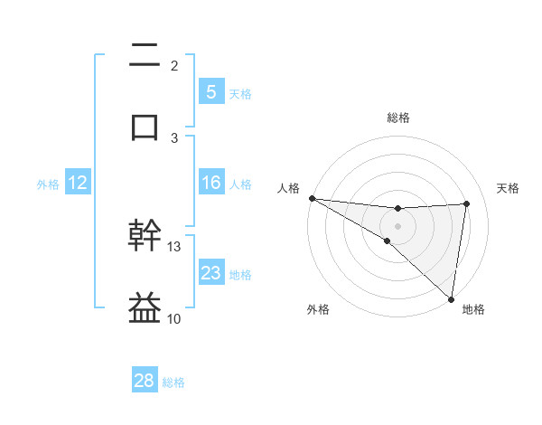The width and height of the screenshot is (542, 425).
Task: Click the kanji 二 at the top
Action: (145, 55)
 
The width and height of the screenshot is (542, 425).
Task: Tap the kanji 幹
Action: (145, 236)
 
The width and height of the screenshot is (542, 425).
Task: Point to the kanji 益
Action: (145, 307)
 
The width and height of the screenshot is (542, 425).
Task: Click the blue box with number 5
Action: (210, 91)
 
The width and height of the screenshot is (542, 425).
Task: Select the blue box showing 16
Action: (210, 183)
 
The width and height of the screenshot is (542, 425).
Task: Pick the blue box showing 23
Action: (210, 273)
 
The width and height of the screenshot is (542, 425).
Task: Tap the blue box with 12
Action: (77, 183)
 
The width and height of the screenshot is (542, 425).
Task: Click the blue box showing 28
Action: (145, 381)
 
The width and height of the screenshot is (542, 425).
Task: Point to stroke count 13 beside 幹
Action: (174, 246)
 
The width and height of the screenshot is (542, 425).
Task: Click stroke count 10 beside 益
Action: (174, 318)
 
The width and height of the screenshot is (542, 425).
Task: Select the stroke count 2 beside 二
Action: (174, 66)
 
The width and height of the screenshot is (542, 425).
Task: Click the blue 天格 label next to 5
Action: (240, 93)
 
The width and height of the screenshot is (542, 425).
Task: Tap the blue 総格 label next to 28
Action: (174, 382)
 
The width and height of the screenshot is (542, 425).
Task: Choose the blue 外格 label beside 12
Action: (48, 184)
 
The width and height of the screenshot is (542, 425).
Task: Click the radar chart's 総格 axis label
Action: (397, 118)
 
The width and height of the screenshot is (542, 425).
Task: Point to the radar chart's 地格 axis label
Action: (473, 309)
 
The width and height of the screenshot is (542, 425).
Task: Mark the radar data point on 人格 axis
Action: (312, 198)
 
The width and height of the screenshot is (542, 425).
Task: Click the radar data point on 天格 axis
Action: (466, 203)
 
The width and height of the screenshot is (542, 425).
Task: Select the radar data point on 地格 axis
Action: (452, 298)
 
